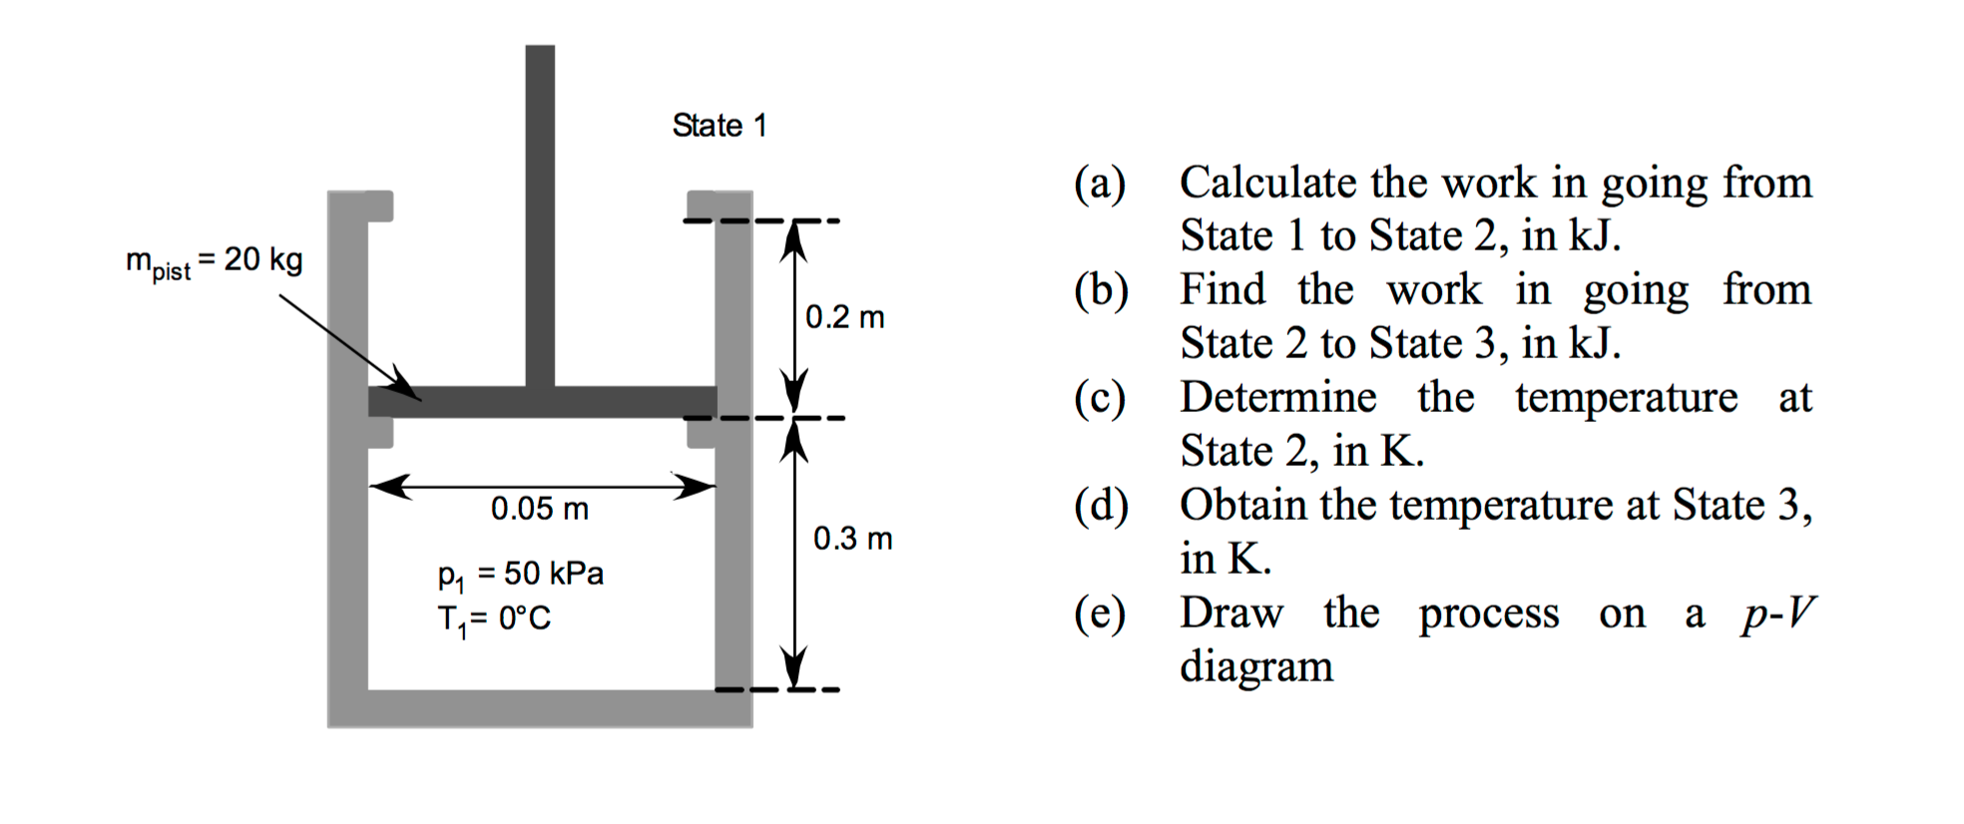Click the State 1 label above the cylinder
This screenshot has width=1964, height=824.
click(x=719, y=126)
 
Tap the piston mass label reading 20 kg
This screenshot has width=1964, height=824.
click(x=214, y=261)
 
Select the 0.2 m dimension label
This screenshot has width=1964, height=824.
click(x=844, y=317)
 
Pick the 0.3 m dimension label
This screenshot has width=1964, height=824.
click(x=852, y=539)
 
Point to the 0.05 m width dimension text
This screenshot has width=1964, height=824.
click(x=539, y=509)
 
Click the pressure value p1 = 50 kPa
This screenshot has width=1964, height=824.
click(x=520, y=575)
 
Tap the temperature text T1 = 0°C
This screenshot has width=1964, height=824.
click(x=494, y=619)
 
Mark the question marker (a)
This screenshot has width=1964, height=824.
click(x=1100, y=184)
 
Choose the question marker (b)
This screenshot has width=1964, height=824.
click(x=1101, y=290)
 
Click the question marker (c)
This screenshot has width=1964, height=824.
click(x=1100, y=398)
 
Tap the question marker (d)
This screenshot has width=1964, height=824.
click(x=1101, y=506)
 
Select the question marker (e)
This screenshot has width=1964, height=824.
click(x=1100, y=614)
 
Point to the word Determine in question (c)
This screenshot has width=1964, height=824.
click(x=1277, y=397)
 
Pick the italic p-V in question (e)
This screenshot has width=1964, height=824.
click(x=1777, y=614)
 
